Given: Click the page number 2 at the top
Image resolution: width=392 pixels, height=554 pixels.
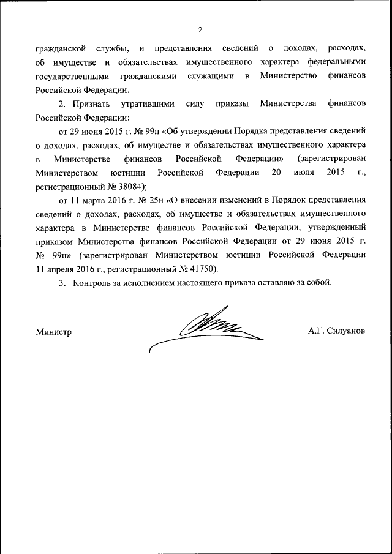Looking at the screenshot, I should (200, 30).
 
